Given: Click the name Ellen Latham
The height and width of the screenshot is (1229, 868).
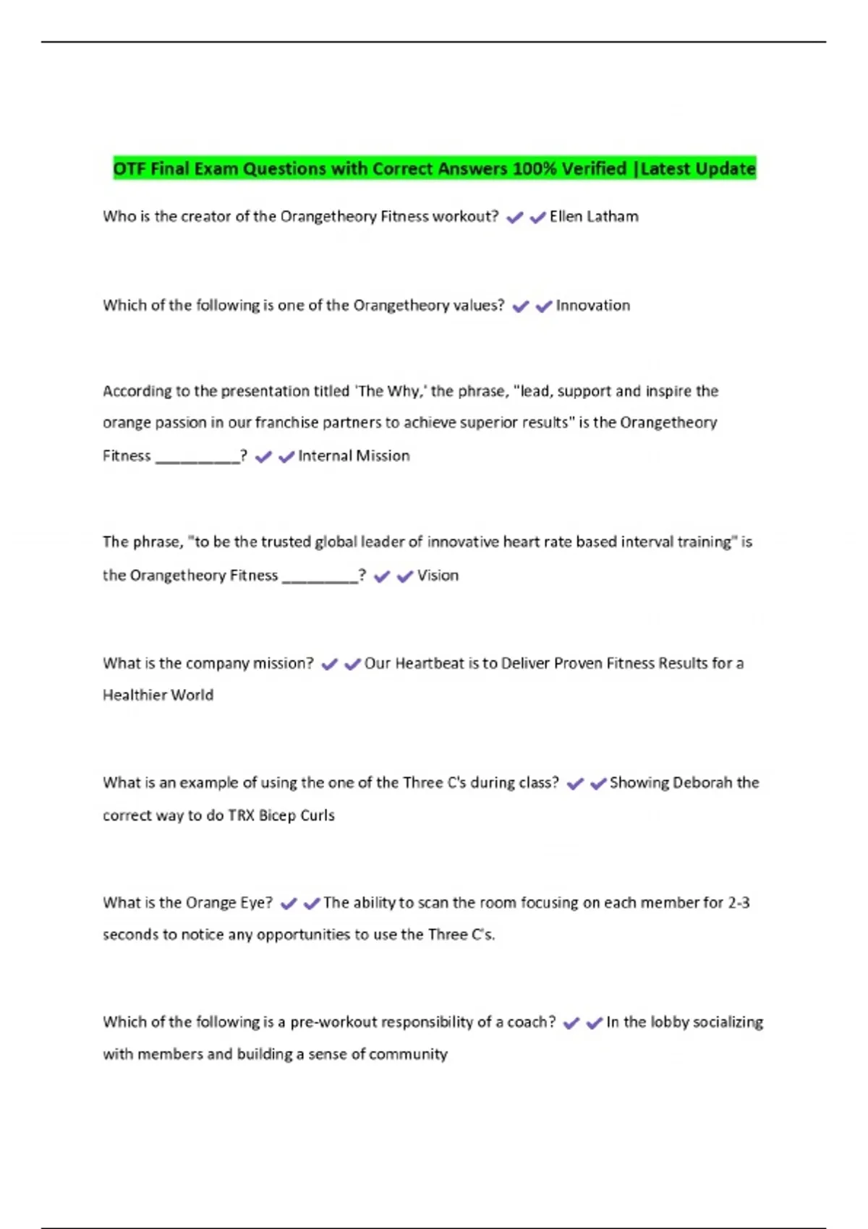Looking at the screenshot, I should pos(594,217).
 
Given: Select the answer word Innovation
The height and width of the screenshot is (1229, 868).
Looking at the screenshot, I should pos(592,306).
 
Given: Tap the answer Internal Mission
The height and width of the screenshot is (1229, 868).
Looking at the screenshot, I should pos(354,456).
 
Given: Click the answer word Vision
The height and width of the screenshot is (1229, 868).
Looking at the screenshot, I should pos(438,575).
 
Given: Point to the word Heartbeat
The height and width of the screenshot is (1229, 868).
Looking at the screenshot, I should pos(429,664).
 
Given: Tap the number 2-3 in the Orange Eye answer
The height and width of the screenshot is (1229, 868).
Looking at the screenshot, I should pos(739,903).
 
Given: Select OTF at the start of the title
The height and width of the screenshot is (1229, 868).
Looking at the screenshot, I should pos(129,169).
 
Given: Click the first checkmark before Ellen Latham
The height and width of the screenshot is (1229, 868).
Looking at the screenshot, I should pos(514,218).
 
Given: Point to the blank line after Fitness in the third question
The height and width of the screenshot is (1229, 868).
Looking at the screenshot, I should pos(197,458).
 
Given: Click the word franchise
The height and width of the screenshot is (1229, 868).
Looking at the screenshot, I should pos(282,423).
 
